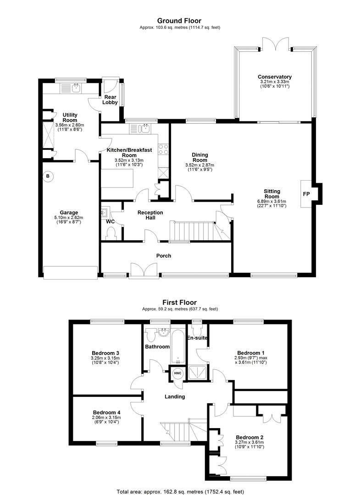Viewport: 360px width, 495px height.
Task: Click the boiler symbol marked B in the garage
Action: coord(48,176)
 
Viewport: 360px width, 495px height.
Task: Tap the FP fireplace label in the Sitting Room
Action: coord(306,194)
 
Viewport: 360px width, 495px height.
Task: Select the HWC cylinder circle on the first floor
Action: coord(178,374)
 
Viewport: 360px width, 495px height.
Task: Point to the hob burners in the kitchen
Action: coord(163,149)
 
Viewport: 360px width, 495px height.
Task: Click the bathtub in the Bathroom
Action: coord(178,347)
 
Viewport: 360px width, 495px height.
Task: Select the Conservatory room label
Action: coord(274,77)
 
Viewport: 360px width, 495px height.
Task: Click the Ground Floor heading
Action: coord(179,21)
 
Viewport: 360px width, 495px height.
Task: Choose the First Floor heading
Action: coord(180,302)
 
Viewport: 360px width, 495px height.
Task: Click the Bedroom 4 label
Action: coord(107,412)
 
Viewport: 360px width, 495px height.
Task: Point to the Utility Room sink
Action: coord(76,88)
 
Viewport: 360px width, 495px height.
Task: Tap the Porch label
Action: coord(164,256)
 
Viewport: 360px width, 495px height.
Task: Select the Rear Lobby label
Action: coord(110,100)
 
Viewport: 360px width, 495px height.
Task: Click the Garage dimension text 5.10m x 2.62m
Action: coord(69,218)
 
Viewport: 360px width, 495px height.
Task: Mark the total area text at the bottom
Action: coord(180,491)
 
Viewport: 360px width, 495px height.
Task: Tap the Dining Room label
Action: coord(200,157)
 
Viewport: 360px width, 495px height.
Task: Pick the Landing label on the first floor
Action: coord(175,396)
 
